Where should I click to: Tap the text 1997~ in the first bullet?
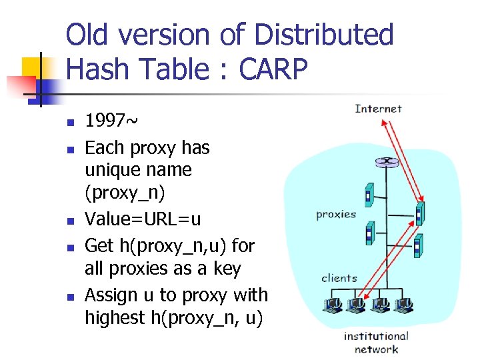111,121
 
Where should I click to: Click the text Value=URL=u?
143,220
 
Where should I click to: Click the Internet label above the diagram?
378,109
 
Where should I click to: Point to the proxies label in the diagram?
336,215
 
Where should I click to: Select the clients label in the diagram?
339,278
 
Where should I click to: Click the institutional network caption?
376,343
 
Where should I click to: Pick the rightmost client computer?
403,305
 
